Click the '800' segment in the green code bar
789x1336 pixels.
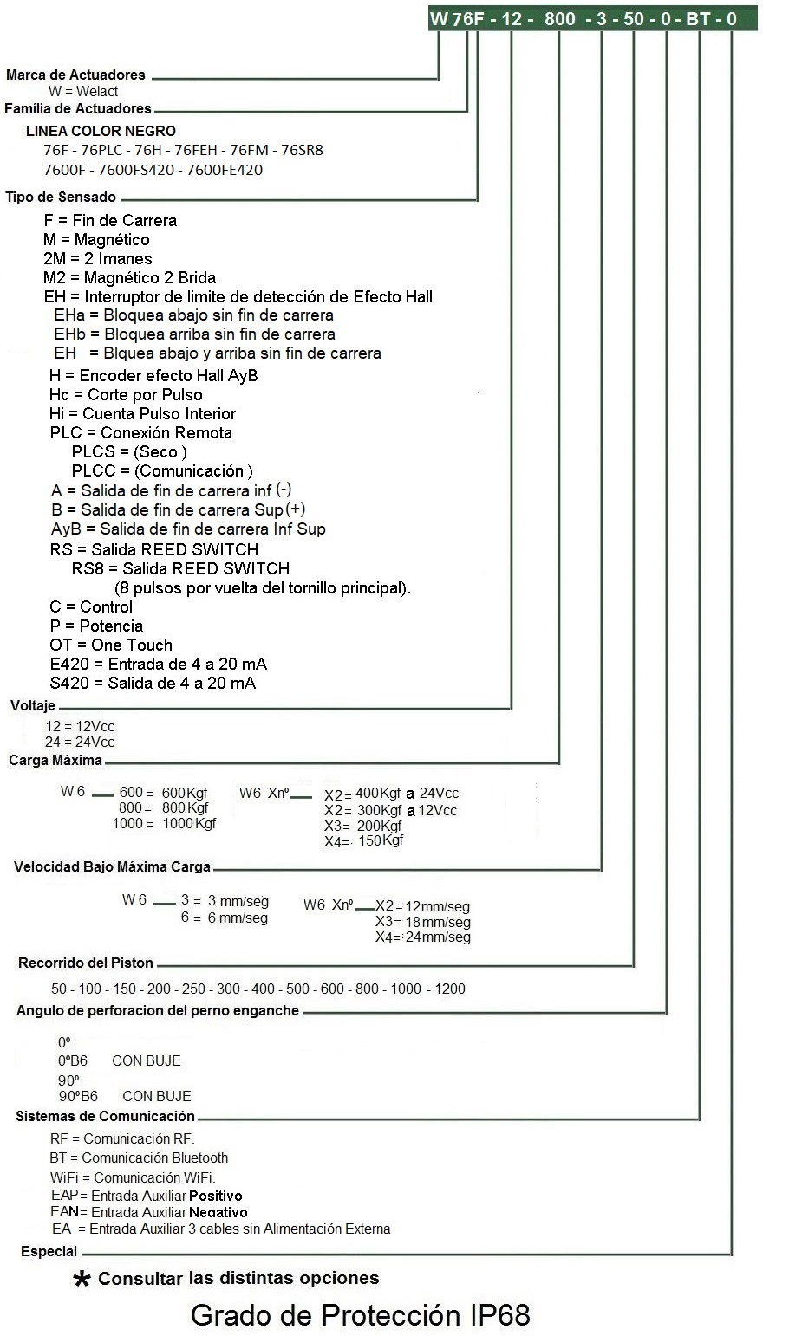[x=560, y=18]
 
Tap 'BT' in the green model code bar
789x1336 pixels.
[x=698, y=18]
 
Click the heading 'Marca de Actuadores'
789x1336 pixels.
[x=75, y=75]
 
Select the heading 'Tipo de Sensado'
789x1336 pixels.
[x=61, y=198]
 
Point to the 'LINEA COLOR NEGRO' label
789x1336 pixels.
[x=101, y=132]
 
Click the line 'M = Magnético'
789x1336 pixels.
[x=96, y=240]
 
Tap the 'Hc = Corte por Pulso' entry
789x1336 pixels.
[x=126, y=395]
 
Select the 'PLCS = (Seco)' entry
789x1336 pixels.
[x=129, y=452]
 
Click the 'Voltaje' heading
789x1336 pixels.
[x=33, y=706]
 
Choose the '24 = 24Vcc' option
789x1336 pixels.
[x=80, y=743]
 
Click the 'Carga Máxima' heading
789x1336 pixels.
[x=55, y=761]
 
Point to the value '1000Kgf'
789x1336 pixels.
[x=189, y=824]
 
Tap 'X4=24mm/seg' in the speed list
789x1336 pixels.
[x=423, y=937]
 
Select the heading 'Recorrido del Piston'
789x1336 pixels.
[x=86, y=963]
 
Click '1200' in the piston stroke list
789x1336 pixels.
[x=449, y=989]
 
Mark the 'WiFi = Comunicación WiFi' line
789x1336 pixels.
[x=133, y=1177]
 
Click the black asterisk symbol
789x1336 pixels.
[x=82, y=1280]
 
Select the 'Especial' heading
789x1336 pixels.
[x=49, y=1252]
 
